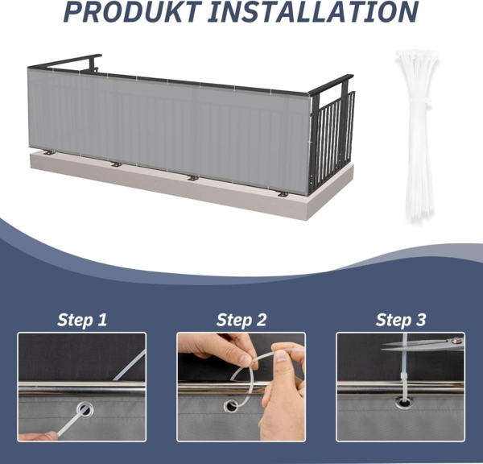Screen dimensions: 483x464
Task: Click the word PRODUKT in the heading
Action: (133, 12)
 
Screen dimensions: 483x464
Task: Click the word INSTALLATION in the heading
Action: (313, 12)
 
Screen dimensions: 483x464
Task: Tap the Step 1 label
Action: (82, 320)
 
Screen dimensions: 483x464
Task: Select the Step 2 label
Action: (242, 320)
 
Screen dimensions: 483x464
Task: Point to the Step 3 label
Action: (401, 320)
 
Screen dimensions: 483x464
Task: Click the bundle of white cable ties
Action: (415, 135)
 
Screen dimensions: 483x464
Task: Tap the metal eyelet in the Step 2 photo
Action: (230, 406)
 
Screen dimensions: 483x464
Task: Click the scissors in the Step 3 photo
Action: (423, 345)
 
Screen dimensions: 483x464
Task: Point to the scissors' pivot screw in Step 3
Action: (456, 341)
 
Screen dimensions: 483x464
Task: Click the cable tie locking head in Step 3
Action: (403, 376)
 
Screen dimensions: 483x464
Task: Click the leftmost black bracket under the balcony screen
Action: (49, 152)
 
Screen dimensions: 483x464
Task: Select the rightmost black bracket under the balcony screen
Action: (283, 194)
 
